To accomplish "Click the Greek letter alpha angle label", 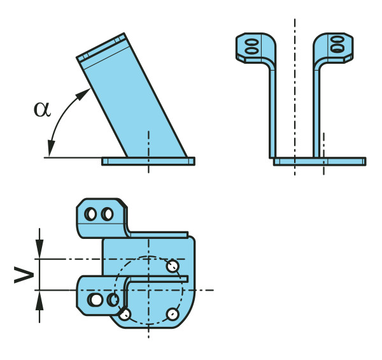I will coord(41,109).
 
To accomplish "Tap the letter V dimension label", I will coord(24,275).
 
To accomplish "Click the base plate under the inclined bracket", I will coord(148,161).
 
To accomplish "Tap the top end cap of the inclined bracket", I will coord(100,49).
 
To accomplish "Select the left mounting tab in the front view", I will coord(254,46).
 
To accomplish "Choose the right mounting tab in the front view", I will coord(334,46).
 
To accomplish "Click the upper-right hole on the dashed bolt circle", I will coord(172,265).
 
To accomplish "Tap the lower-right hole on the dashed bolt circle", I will coord(172,313).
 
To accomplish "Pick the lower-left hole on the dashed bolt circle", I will coord(125,313).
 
